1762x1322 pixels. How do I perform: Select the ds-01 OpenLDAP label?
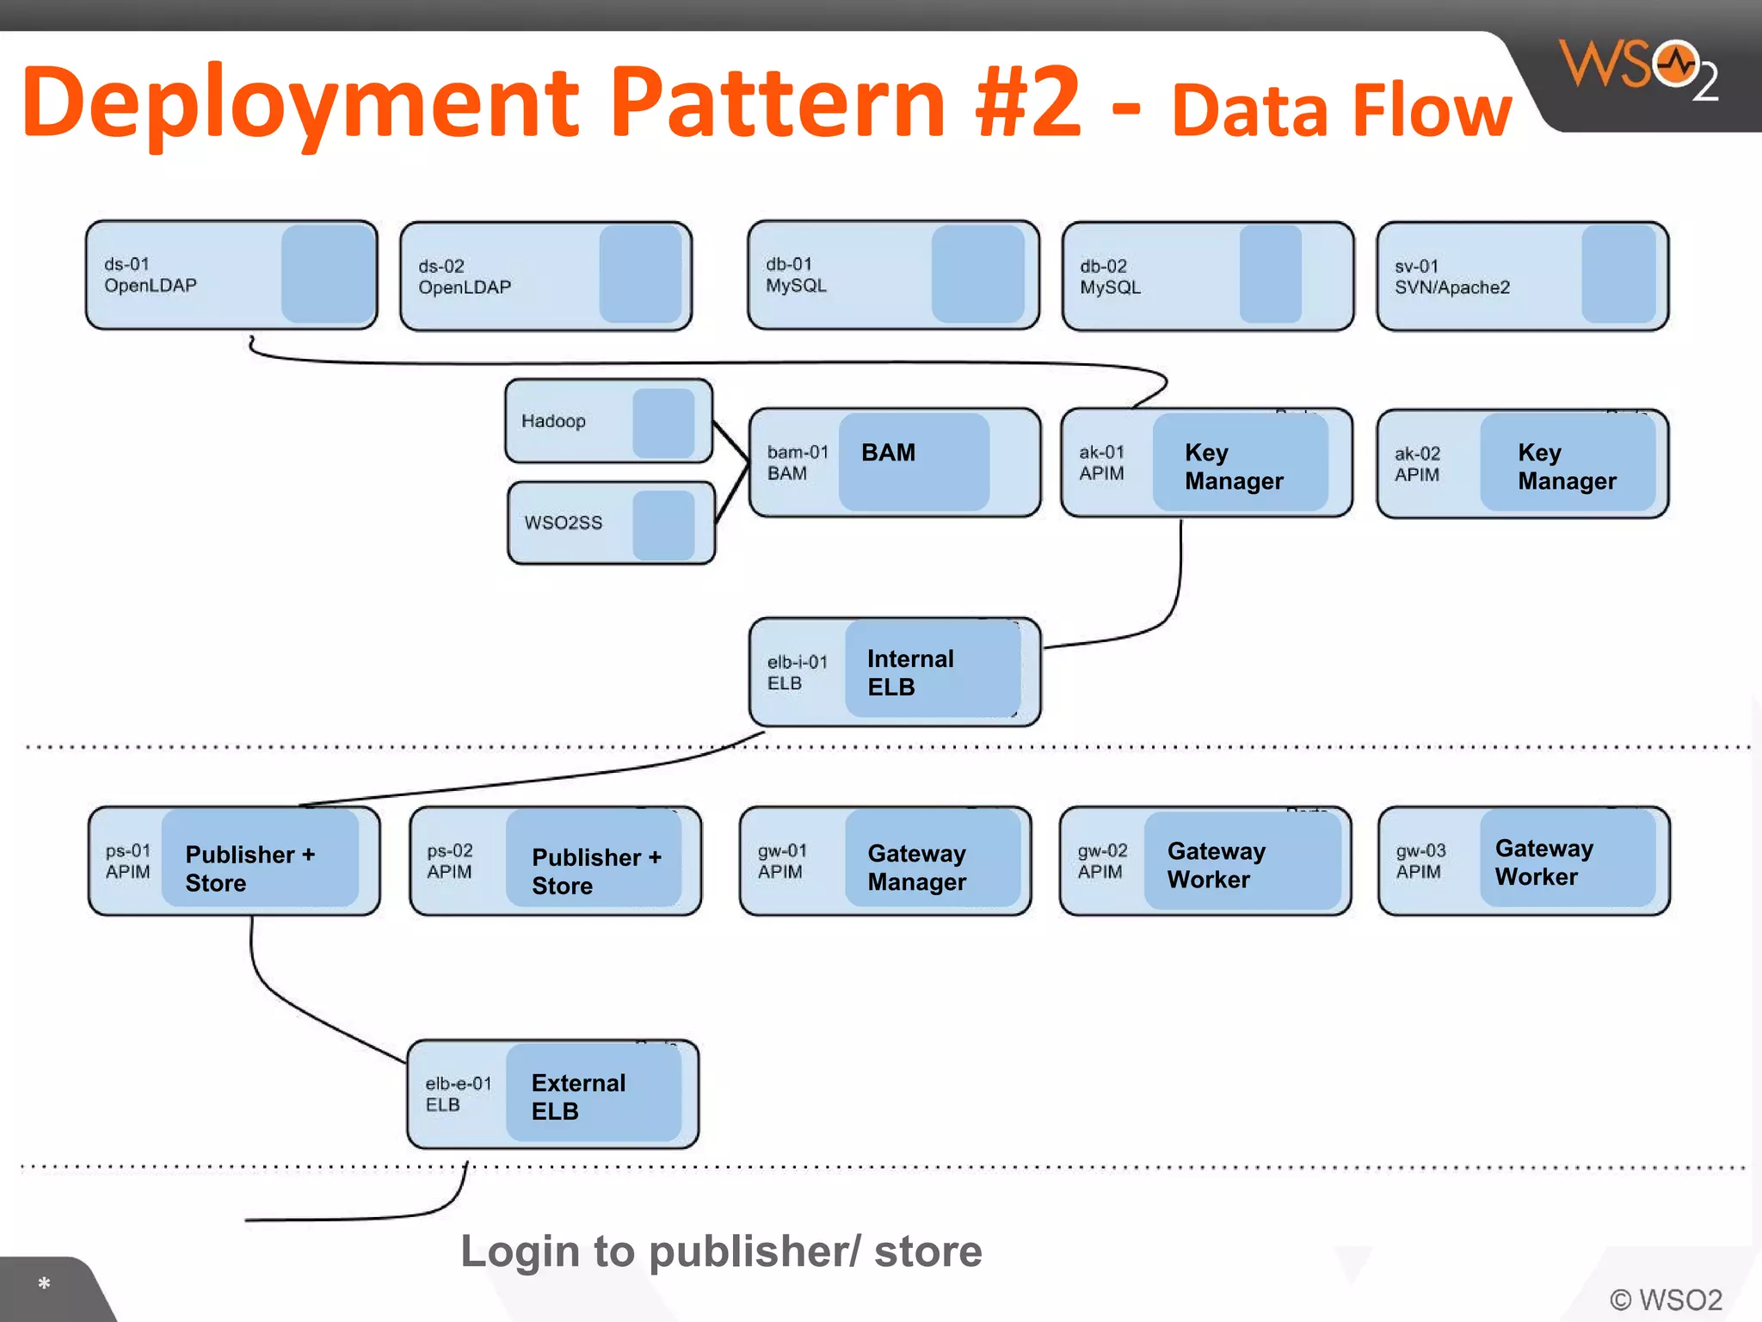151,275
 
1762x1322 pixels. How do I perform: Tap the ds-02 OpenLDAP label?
465,277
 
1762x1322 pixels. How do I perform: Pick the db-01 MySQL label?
796,275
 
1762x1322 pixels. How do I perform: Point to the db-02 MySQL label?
1110,277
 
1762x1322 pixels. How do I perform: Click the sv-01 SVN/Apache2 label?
1451,277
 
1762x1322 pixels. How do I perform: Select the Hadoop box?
608,422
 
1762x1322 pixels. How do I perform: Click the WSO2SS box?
611,523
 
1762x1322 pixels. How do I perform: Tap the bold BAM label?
888,453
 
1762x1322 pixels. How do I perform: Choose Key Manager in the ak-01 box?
1234,466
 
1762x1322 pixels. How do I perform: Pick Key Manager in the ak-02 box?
1566,466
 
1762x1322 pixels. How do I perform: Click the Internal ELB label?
910,672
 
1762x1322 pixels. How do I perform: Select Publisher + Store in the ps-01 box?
250,868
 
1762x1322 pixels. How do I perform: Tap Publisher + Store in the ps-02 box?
596,871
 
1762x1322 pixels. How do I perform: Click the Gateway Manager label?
916,868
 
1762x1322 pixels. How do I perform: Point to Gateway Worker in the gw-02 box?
1216,865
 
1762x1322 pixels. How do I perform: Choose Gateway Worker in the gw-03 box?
1543,862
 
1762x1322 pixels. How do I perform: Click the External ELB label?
578,1097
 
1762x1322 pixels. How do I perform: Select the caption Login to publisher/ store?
721,1251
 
